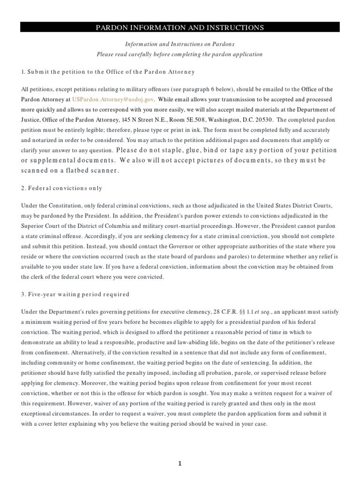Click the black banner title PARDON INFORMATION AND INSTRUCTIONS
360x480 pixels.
(x=180, y=28)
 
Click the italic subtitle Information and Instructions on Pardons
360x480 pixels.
(x=180, y=44)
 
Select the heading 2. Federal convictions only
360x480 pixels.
(x=62, y=188)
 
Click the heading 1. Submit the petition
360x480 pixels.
(x=108, y=72)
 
